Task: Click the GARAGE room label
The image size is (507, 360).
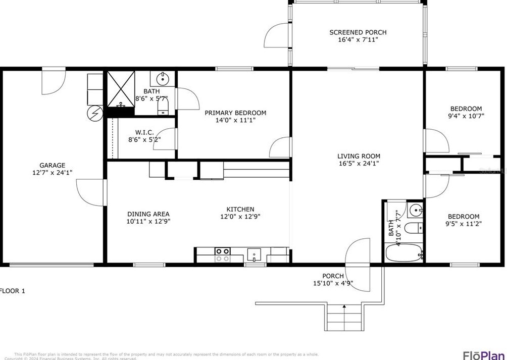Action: point(53,165)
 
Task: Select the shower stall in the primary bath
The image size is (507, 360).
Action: point(121,89)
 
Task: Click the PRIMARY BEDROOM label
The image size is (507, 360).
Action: point(235,113)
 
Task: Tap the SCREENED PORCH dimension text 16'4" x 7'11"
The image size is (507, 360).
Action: point(358,39)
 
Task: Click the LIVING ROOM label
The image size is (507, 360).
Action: point(359,156)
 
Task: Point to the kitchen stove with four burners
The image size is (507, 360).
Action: point(223,254)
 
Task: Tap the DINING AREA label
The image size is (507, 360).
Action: point(148,214)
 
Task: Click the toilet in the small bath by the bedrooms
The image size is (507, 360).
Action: point(414,228)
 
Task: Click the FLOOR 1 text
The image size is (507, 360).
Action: point(12,291)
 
